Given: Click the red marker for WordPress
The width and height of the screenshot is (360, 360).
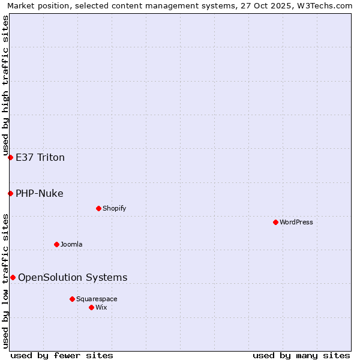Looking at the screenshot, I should pyautogui.click(x=275, y=222).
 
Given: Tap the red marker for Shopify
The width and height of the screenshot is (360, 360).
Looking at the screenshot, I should pyautogui.click(x=98, y=208).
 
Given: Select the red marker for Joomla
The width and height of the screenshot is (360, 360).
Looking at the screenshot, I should pyautogui.click(x=56, y=244).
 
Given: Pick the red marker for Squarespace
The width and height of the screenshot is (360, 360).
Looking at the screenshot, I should pyautogui.click(x=72, y=299).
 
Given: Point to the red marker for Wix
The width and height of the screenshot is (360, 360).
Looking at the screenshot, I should pyautogui.click(x=91, y=307).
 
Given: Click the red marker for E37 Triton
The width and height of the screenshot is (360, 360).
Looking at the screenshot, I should pyautogui.click(x=10, y=157).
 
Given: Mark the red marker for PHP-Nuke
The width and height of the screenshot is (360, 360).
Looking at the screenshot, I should pyautogui.click(x=10, y=193).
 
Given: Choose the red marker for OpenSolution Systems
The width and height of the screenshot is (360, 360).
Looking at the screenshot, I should pyautogui.click(x=13, y=277).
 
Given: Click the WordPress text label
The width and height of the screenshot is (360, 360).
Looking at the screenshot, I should pyautogui.click(x=296, y=222).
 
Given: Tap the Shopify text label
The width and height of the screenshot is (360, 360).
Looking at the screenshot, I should pyautogui.click(x=114, y=208).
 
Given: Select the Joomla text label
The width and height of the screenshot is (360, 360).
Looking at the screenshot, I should pyautogui.click(x=71, y=244).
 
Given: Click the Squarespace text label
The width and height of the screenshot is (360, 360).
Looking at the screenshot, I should pyautogui.click(x=97, y=299).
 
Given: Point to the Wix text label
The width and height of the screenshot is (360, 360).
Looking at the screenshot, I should pyautogui.click(x=101, y=307).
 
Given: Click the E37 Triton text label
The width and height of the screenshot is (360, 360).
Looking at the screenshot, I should pyautogui.click(x=40, y=158).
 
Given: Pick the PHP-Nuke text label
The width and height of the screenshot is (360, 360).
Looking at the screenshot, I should pyautogui.click(x=40, y=193).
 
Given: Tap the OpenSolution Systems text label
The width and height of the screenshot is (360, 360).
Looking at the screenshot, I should pyautogui.click(x=73, y=277).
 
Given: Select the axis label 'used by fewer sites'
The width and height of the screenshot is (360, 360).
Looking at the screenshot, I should pyautogui.click(x=62, y=355).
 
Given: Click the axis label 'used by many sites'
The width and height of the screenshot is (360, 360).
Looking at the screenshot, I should pyautogui.click(x=301, y=355).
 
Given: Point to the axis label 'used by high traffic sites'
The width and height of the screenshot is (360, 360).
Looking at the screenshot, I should pyautogui.click(x=5, y=84).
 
